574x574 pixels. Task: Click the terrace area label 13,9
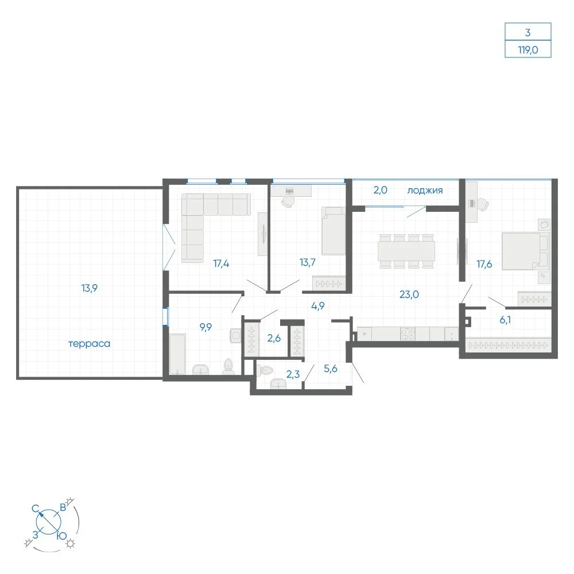click(x=90, y=288)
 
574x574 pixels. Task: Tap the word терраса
click(x=90, y=344)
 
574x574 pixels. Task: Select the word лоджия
click(x=425, y=191)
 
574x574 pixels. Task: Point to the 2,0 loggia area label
click(x=381, y=190)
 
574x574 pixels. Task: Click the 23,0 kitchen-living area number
click(x=409, y=294)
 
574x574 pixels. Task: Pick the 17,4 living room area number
click(x=221, y=263)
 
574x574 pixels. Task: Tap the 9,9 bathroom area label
click(x=205, y=327)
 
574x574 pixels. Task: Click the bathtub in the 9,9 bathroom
click(x=178, y=354)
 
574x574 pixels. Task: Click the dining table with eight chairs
click(x=406, y=251)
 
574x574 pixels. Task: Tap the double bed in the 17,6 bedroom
click(x=525, y=251)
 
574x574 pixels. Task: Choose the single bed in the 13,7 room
click(x=333, y=231)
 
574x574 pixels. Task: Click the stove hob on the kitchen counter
click(x=408, y=334)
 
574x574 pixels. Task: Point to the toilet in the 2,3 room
click(x=265, y=370)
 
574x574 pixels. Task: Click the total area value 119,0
click(x=528, y=50)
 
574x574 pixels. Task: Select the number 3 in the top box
click(x=528, y=33)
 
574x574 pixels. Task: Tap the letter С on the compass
click(x=35, y=509)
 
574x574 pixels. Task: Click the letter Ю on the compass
click(x=62, y=536)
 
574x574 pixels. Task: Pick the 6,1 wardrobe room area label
click(x=505, y=320)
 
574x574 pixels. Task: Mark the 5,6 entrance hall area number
click(x=331, y=369)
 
